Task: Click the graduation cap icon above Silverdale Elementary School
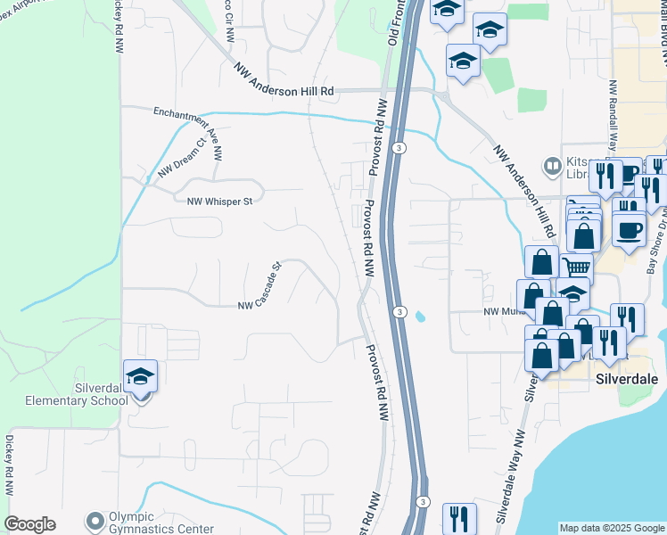[x=140, y=376]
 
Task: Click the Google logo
[x=29, y=524]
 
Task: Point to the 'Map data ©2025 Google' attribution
[x=612, y=528]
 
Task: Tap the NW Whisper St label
[x=219, y=202]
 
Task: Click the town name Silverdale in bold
[x=626, y=379]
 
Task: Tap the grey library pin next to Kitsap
[x=551, y=167]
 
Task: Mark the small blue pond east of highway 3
[x=420, y=316]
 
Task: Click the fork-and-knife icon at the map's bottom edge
[x=459, y=518]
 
